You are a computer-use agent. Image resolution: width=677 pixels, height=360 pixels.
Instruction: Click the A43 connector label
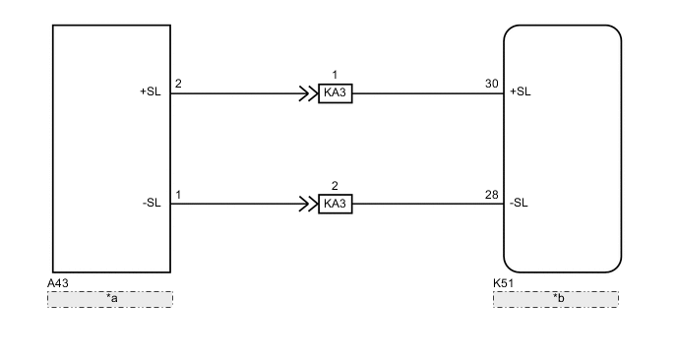(58, 282)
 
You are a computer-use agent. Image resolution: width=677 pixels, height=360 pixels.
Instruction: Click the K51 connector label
(504, 282)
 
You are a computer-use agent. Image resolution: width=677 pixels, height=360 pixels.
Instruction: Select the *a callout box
(110, 298)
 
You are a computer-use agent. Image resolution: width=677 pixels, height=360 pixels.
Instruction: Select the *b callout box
(556, 298)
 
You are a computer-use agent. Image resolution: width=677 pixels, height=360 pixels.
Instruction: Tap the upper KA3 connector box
(336, 94)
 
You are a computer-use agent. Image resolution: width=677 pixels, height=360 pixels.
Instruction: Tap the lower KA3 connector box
(336, 205)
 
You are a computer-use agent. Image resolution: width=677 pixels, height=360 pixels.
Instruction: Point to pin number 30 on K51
(492, 84)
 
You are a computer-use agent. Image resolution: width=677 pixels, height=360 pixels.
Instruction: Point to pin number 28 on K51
(492, 195)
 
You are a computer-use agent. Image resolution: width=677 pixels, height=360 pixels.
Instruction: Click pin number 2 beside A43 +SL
(178, 84)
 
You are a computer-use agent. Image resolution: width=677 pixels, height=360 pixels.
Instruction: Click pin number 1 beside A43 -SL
(178, 195)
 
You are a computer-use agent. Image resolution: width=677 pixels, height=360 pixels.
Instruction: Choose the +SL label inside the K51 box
(520, 92)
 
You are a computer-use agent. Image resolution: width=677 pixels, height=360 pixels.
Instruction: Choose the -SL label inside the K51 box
(520, 204)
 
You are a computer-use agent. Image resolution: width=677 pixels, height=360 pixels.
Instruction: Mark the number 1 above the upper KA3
(335, 75)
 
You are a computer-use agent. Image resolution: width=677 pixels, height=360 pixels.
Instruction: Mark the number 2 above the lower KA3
(335, 185)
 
